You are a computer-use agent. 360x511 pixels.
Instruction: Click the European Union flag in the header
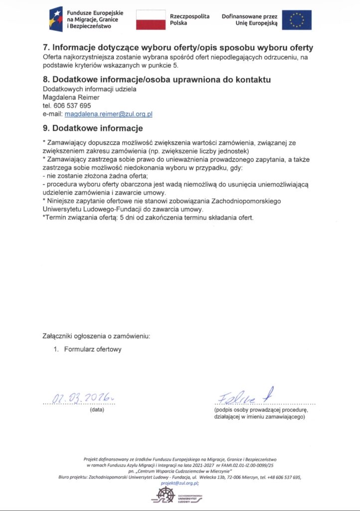297,20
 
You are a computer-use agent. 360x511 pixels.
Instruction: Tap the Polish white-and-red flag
151,20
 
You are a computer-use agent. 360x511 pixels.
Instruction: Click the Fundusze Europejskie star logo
56,19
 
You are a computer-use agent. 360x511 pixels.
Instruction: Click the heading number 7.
45,48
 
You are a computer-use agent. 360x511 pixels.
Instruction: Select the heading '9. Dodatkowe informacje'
89,128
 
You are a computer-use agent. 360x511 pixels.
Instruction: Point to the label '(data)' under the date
97,410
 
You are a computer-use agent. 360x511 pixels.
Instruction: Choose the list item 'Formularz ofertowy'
92,349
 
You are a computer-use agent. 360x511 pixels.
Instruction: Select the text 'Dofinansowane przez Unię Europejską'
249,20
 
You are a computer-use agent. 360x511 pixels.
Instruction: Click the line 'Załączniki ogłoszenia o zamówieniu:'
96,336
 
